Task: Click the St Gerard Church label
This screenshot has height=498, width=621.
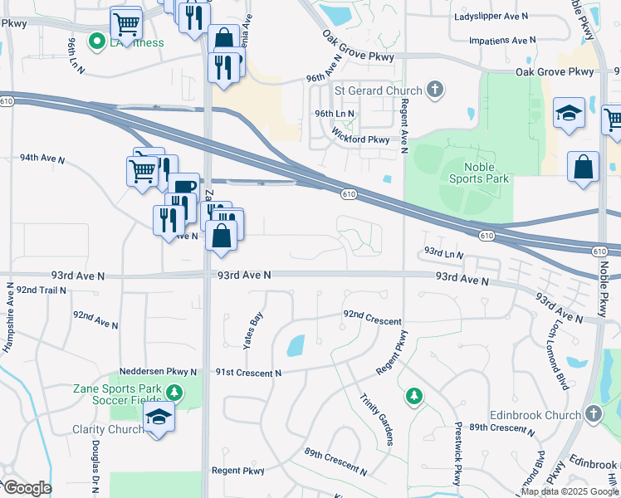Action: click(x=379, y=90)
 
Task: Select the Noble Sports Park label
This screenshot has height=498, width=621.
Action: click(x=478, y=173)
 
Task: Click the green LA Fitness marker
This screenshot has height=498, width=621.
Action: click(x=97, y=40)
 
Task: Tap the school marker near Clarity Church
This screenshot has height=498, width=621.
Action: click(x=158, y=419)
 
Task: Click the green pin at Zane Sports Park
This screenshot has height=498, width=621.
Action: click(x=174, y=391)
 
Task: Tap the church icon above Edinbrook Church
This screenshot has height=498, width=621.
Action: click(x=592, y=413)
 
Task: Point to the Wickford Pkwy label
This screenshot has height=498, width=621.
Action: click(x=360, y=140)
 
